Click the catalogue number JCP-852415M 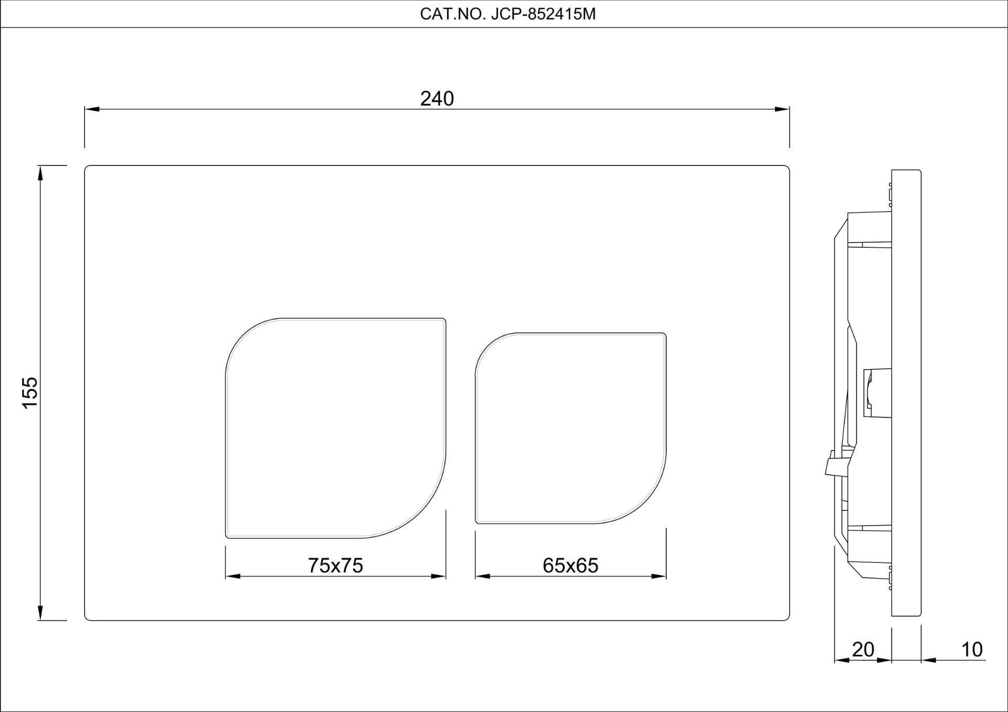pyautogui.click(x=508, y=14)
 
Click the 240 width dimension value pyautogui.click(x=437, y=99)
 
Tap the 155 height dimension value pyautogui.click(x=30, y=392)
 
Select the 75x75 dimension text pyautogui.click(x=335, y=566)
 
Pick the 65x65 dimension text pyautogui.click(x=570, y=566)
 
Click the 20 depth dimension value pyautogui.click(x=863, y=650)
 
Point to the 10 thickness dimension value pyautogui.click(x=971, y=650)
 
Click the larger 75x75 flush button pyautogui.click(x=335, y=428)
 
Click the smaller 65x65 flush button pyautogui.click(x=571, y=428)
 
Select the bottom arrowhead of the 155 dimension pyautogui.click(x=40, y=613)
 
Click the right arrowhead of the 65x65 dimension pyautogui.click(x=659, y=577)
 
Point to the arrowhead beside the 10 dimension pyautogui.click(x=928, y=660)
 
